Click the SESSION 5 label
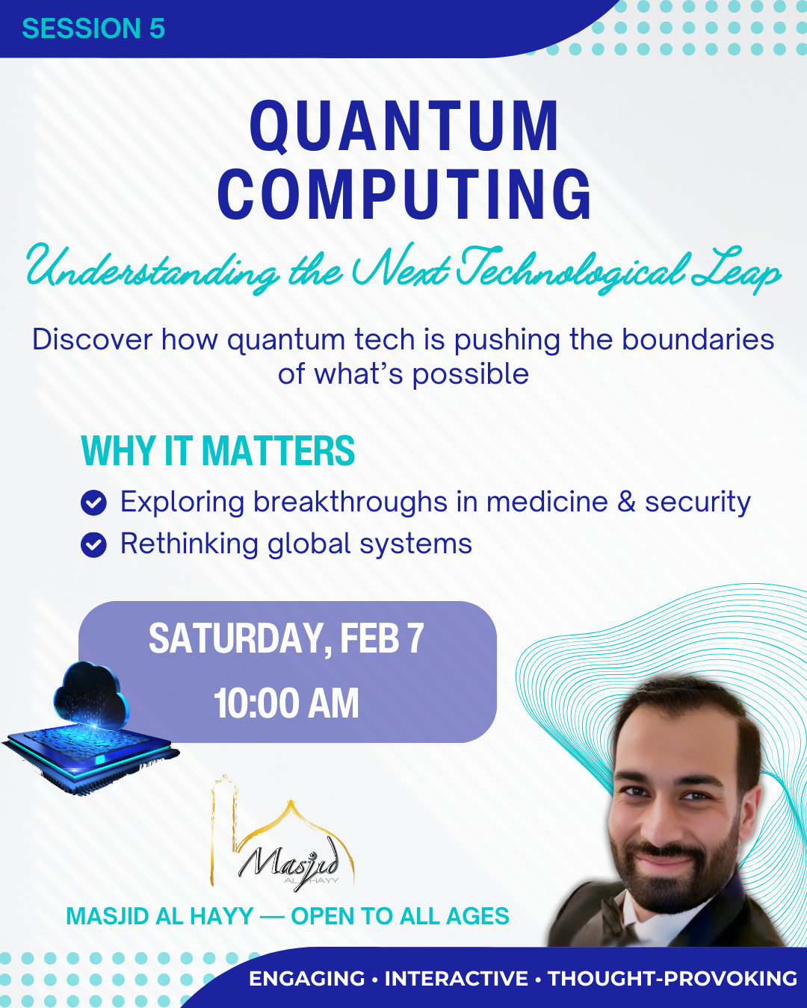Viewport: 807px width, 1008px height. [93, 28]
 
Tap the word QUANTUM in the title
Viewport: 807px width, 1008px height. [404, 126]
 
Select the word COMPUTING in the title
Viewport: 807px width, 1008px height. [404, 194]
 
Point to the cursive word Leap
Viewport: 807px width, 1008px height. [735, 270]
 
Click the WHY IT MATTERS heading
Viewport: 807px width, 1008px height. [218, 450]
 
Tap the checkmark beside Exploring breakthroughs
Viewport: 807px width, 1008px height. [94, 503]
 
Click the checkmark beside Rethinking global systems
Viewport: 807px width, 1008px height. [94, 545]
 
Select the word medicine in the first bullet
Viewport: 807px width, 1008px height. [547, 502]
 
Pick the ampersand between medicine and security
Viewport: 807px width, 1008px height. [626, 502]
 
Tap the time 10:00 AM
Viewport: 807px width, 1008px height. [286, 703]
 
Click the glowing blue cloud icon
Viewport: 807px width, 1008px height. [91, 696]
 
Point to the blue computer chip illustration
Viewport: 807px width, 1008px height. [90, 758]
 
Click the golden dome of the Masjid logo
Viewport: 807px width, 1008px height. [291, 816]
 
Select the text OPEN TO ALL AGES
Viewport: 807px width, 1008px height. [400, 915]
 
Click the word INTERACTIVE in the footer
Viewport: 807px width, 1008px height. [457, 978]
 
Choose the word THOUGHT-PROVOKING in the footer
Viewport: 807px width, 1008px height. [672, 978]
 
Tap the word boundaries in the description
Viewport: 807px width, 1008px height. [698, 340]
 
